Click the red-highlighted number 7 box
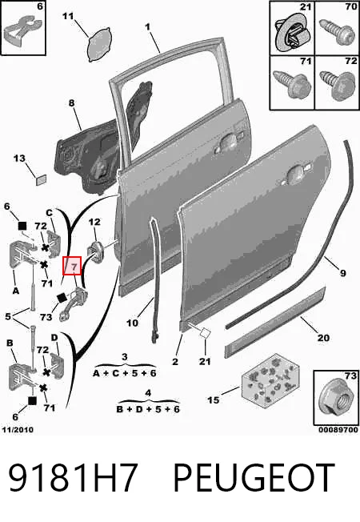(73, 266)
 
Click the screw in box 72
(337, 85)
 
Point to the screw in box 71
(292, 84)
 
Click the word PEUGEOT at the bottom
(254, 477)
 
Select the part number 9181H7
(73, 477)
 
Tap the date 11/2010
(18, 429)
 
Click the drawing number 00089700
(338, 429)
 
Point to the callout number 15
(214, 400)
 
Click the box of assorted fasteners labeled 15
(270, 380)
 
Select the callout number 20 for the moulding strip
(323, 338)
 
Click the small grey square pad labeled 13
(41, 180)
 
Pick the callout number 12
(94, 222)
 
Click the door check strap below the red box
(74, 304)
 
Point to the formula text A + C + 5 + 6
(125, 373)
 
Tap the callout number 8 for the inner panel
(72, 102)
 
